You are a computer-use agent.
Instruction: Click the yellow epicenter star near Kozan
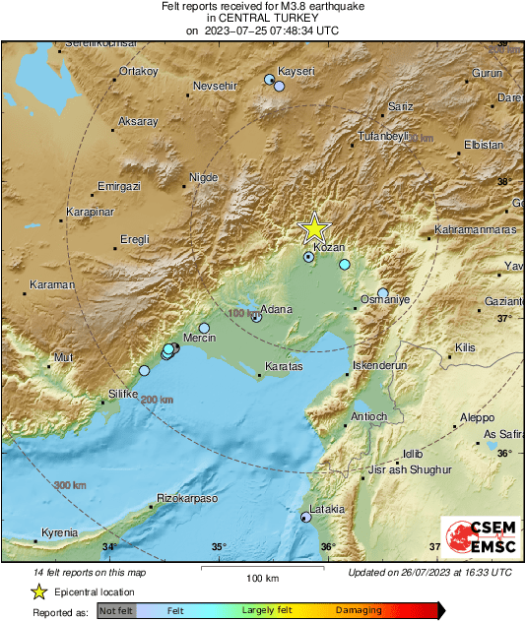tap(314, 227)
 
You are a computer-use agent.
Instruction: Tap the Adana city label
tap(277, 310)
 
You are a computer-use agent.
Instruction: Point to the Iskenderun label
tap(379, 365)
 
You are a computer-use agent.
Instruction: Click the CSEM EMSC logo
tap(474, 538)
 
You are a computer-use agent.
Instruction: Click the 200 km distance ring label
tap(157, 400)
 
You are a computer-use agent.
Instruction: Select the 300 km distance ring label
tap(70, 485)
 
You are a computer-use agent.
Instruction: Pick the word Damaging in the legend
tap(359, 610)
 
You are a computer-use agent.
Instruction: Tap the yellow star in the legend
tap(38, 591)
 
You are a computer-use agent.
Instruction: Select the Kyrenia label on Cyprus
tap(59, 533)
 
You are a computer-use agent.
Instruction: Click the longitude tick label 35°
tap(219, 547)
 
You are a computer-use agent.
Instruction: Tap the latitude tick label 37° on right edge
tap(502, 318)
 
